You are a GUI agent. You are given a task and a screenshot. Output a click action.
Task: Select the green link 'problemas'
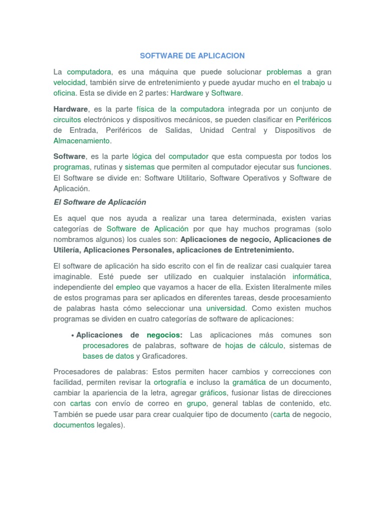click(x=284, y=72)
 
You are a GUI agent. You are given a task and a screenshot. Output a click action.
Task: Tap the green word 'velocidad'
click(x=70, y=82)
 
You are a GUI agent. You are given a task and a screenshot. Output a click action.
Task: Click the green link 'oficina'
click(x=65, y=93)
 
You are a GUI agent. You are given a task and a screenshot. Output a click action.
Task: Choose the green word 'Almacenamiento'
click(x=81, y=141)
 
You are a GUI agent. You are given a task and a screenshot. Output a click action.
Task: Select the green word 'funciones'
click(x=314, y=167)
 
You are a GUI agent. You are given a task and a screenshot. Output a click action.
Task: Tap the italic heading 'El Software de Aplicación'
click(x=100, y=202)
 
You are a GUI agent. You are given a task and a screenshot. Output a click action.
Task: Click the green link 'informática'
click(x=312, y=277)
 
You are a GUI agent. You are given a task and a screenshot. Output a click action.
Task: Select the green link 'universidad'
click(x=226, y=308)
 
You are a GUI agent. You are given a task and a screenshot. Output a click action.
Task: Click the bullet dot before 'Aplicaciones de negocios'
click(x=73, y=335)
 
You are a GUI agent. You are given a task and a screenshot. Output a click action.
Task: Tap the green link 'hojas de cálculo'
click(x=254, y=346)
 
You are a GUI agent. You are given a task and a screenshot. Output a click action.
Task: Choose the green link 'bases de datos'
click(x=108, y=356)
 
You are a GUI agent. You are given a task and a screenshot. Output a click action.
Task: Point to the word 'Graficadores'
click(x=164, y=356)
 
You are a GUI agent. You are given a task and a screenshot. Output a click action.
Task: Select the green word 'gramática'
click(x=249, y=382)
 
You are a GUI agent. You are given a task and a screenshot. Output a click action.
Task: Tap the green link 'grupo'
click(x=197, y=403)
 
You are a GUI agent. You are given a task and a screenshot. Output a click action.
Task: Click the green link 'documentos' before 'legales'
click(x=74, y=425)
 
